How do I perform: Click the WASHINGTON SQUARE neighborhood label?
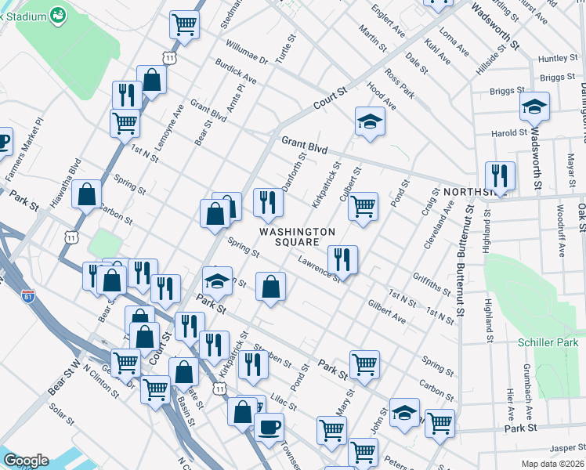297,237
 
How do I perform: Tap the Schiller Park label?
548,343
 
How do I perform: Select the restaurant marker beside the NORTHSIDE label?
499,175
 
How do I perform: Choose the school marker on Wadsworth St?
535,106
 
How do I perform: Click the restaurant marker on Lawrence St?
342,260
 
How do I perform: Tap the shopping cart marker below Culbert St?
363,207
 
